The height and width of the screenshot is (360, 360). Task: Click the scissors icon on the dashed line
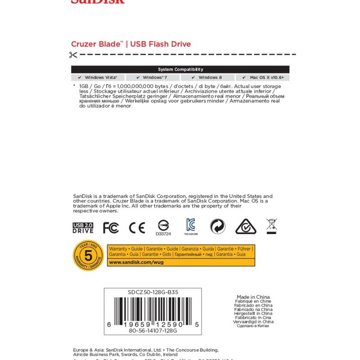(73, 55)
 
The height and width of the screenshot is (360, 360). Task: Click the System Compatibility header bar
(180, 69)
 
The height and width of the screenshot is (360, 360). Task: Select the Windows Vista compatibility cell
(98, 77)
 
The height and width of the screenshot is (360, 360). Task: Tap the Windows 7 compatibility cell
(153, 77)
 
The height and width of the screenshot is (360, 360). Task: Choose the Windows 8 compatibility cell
(207, 77)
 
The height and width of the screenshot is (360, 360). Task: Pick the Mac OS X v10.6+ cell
(262, 77)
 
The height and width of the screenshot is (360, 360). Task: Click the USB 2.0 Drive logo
(83, 228)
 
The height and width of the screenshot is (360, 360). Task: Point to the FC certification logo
(111, 228)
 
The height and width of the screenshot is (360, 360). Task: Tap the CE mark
(137, 228)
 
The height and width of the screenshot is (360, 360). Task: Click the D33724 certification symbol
(163, 226)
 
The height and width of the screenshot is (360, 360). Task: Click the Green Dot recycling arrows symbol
(217, 226)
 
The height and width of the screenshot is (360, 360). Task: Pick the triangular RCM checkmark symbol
(246, 226)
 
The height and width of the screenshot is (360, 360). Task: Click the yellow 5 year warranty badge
(89, 256)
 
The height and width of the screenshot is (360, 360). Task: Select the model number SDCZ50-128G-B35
(153, 292)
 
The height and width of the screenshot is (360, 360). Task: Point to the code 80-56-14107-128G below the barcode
(153, 330)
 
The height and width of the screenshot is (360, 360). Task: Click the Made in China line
(253, 297)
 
